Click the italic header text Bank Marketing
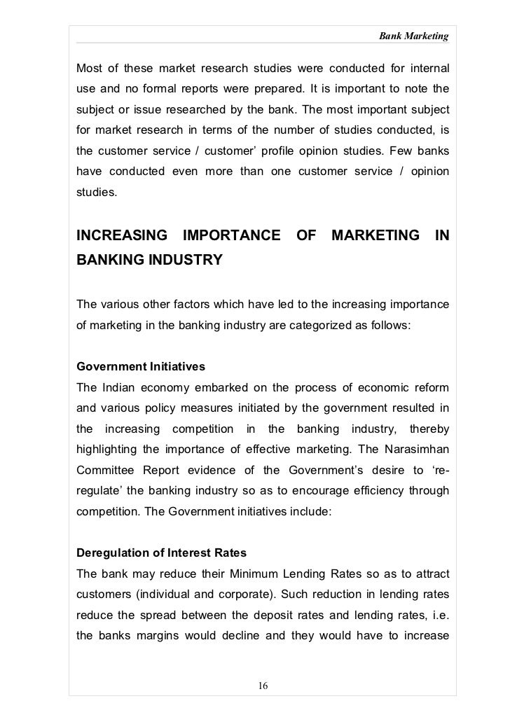click(x=414, y=35)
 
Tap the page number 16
click(x=263, y=684)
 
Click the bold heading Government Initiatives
click(x=134, y=366)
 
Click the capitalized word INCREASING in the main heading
click(x=123, y=235)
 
